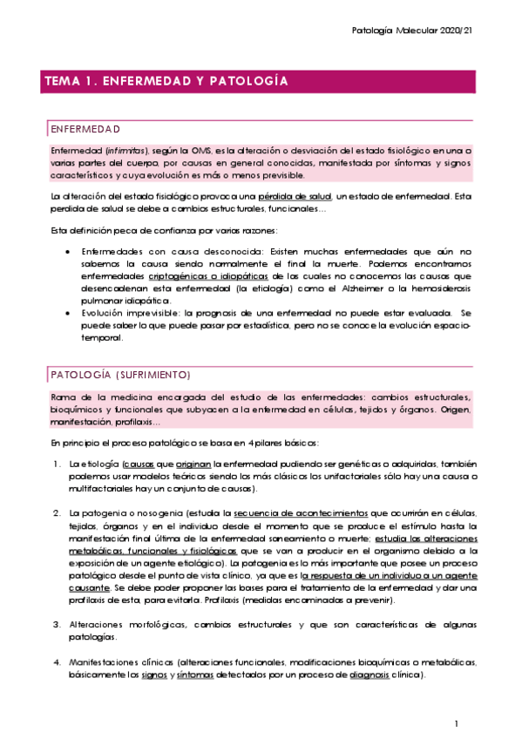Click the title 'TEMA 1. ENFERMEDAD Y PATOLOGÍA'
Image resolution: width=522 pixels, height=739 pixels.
click(x=166, y=82)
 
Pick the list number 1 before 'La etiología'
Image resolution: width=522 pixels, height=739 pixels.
click(x=55, y=464)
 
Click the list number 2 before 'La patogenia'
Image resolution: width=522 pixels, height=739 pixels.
click(x=55, y=513)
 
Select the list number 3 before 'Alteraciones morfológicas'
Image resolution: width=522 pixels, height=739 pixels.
click(x=55, y=625)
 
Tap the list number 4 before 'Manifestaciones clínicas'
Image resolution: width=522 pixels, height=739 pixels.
click(x=55, y=662)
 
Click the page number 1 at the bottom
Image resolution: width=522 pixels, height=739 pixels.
click(x=456, y=724)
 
